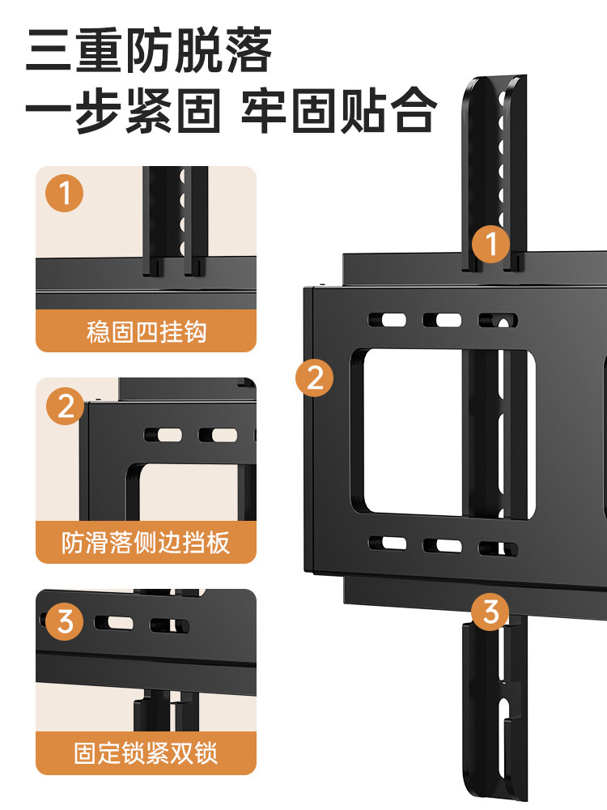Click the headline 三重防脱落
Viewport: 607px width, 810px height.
coord(148,50)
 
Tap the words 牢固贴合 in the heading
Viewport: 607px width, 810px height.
coord(339,111)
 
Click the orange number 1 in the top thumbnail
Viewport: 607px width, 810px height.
coord(65,194)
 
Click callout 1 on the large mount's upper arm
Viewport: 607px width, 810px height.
coord(490,243)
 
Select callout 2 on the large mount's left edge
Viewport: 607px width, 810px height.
coord(315,377)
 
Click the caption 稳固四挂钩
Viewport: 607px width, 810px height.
coord(146,332)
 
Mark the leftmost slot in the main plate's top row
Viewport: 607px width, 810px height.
coord(387,320)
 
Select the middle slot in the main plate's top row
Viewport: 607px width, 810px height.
coord(442,320)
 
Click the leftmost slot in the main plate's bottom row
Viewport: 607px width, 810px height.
coord(387,544)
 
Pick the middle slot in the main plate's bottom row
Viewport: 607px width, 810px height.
coord(442,545)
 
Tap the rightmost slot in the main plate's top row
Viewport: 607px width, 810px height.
coord(495,321)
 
